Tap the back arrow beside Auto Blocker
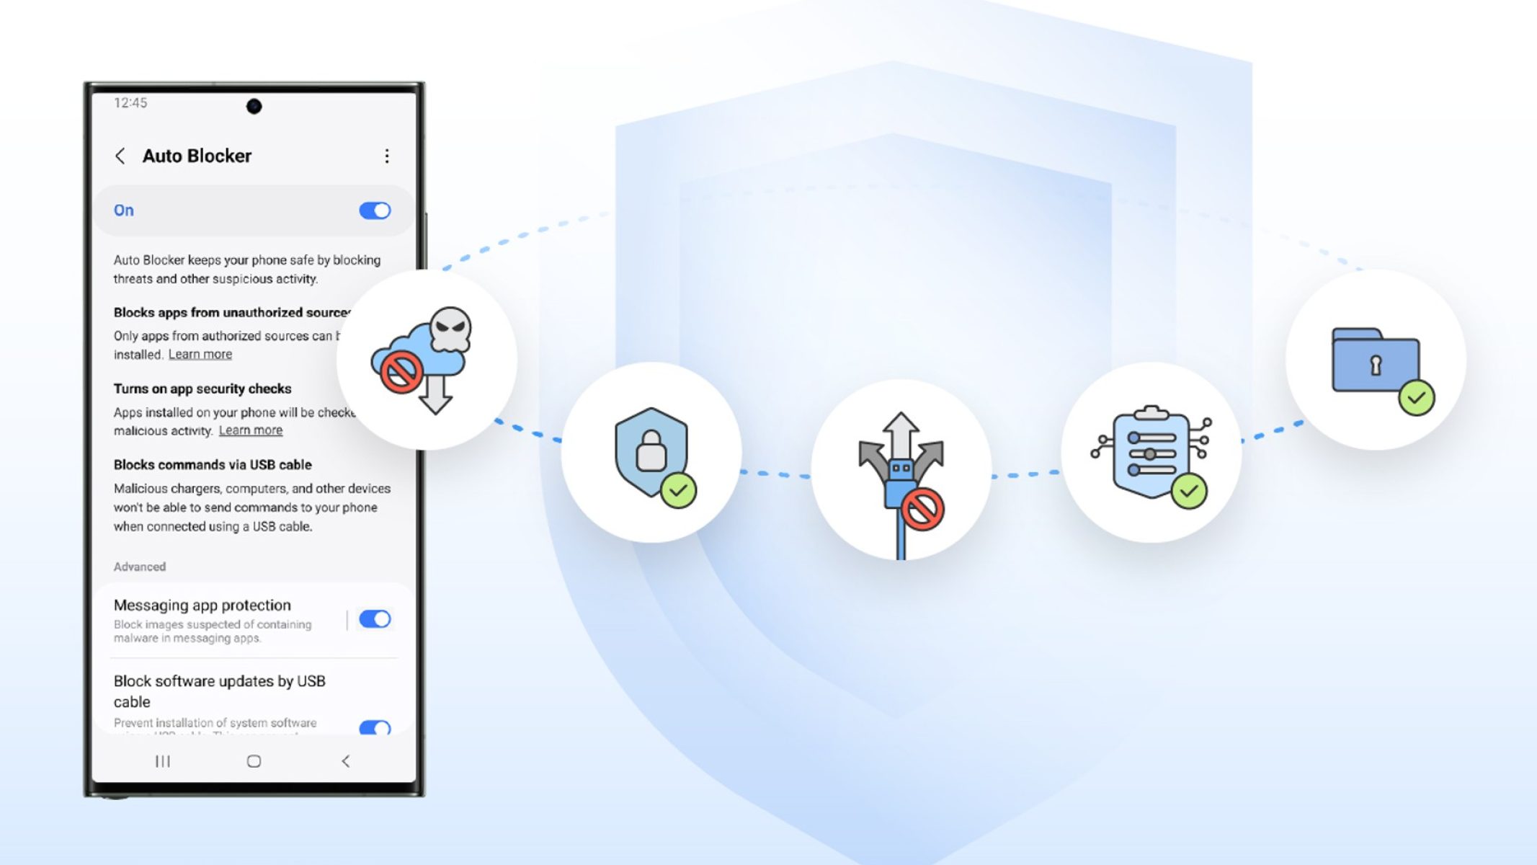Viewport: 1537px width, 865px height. pyautogui.click(x=120, y=156)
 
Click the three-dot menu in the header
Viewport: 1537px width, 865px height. pyautogui.click(x=387, y=156)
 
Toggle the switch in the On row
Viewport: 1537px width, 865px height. pyautogui.click(x=375, y=210)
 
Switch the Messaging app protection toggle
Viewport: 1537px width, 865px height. pyautogui.click(x=375, y=619)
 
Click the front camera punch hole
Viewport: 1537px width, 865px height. pyautogui.click(x=254, y=107)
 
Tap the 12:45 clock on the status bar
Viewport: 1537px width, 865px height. pyautogui.click(x=130, y=103)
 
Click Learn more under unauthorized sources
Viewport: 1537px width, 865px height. pyautogui.click(x=200, y=355)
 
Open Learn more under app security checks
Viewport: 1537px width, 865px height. pyautogui.click(x=251, y=430)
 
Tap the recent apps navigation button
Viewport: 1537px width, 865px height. pyautogui.click(x=163, y=761)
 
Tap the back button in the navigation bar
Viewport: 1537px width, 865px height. pyautogui.click(x=346, y=761)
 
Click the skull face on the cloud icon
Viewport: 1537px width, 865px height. pyautogui.click(x=451, y=328)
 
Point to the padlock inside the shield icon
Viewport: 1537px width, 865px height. pyautogui.click(x=651, y=451)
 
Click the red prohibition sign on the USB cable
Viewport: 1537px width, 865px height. pyautogui.click(x=923, y=509)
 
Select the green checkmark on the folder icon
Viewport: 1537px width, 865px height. pyautogui.click(x=1417, y=397)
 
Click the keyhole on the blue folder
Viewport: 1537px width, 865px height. pyautogui.click(x=1376, y=365)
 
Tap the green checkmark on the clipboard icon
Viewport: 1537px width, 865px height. pyautogui.click(x=1189, y=491)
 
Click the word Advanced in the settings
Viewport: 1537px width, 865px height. pyautogui.click(x=140, y=567)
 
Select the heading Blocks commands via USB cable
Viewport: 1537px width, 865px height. pyautogui.click(x=213, y=465)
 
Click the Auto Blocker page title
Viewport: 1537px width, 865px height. pyautogui.click(x=197, y=156)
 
